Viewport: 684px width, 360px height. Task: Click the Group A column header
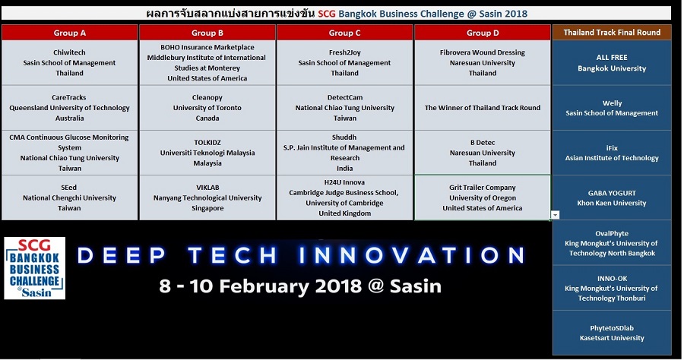(x=69, y=33)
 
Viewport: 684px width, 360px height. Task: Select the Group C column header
(x=344, y=33)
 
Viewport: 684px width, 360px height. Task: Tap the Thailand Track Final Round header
(x=612, y=32)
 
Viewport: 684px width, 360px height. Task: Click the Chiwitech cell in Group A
(x=69, y=63)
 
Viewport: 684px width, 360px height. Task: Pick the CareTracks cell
(x=69, y=108)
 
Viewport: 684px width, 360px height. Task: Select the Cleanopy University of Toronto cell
(x=207, y=108)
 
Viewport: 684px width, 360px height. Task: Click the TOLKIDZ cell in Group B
(x=207, y=153)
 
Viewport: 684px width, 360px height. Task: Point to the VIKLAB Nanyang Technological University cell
(x=207, y=197)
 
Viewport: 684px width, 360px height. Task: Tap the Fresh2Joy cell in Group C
(x=344, y=63)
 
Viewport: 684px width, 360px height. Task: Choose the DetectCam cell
(x=344, y=108)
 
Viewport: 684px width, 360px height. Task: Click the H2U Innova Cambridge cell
(x=344, y=197)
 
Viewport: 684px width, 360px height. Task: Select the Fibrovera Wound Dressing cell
(x=483, y=63)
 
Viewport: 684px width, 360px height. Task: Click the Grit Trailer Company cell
(x=483, y=197)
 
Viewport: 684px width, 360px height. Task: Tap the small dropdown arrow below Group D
(x=555, y=215)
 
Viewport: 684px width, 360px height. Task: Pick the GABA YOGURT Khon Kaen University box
(x=612, y=198)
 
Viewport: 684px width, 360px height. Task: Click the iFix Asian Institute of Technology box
(x=612, y=153)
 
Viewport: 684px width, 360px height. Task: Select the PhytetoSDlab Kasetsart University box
(x=612, y=333)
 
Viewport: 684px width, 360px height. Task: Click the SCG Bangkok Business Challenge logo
(x=34, y=268)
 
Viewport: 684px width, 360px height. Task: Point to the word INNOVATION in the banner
(x=413, y=255)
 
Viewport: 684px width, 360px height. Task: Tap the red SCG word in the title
(x=327, y=14)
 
